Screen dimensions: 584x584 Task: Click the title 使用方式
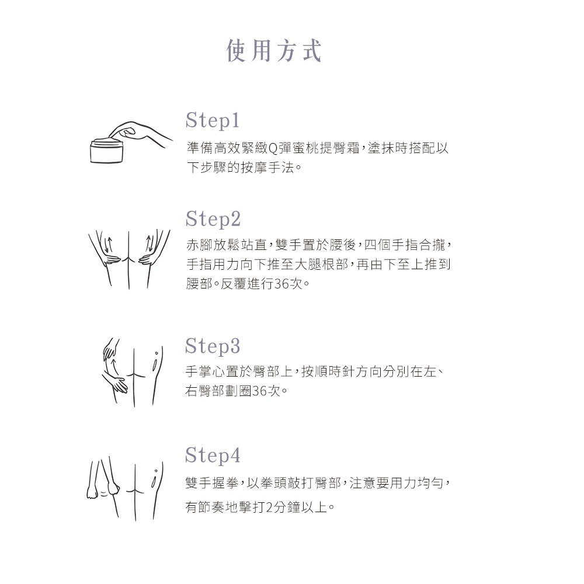pyautogui.click(x=274, y=50)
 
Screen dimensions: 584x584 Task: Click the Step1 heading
pyautogui.click(x=213, y=120)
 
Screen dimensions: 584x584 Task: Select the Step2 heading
pyautogui.click(x=213, y=218)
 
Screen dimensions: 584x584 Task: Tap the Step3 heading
pyautogui.click(x=213, y=346)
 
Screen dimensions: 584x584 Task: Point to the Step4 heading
pyautogui.click(x=213, y=455)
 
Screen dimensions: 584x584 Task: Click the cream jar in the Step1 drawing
pyautogui.click(x=107, y=151)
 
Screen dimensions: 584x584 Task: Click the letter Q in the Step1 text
pyautogui.click(x=273, y=148)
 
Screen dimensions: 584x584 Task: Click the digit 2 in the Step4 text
pyautogui.click(x=270, y=507)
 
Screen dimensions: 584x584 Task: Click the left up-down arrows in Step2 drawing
pyautogui.click(x=108, y=244)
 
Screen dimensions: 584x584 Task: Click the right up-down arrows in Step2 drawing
pyautogui.click(x=150, y=243)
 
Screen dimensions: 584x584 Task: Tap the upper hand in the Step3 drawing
pyautogui.click(x=111, y=349)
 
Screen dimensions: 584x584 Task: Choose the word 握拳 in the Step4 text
pyautogui.click(x=225, y=483)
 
